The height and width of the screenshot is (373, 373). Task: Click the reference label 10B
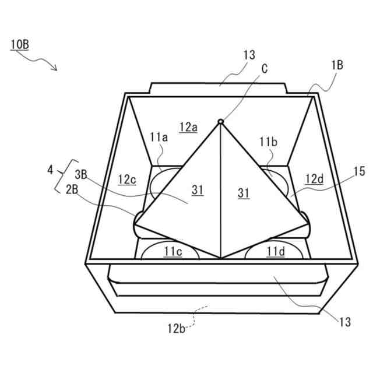click(19, 44)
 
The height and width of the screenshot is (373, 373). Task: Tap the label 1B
click(336, 65)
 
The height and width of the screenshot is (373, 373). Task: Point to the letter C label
click(265, 69)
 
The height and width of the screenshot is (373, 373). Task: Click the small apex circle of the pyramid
click(220, 121)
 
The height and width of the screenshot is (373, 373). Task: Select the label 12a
click(188, 126)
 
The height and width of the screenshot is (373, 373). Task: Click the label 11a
click(158, 137)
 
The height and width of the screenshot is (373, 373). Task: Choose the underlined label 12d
click(314, 179)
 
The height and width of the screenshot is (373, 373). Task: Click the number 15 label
click(359, 171)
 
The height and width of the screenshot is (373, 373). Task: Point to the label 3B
click(81, 173)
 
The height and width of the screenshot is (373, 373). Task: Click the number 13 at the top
click(249, 55)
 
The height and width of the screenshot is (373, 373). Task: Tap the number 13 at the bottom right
click(344, 321)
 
